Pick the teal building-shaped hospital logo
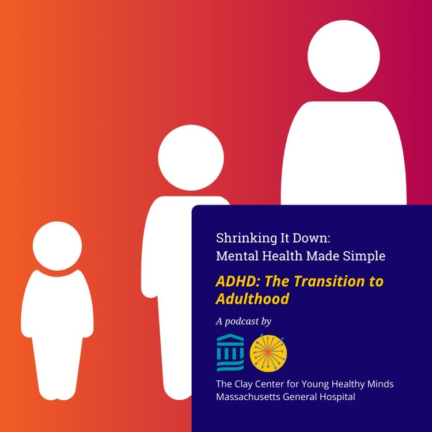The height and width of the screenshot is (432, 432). pos(229,351)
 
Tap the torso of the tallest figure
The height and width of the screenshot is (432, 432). pos(344,156)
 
